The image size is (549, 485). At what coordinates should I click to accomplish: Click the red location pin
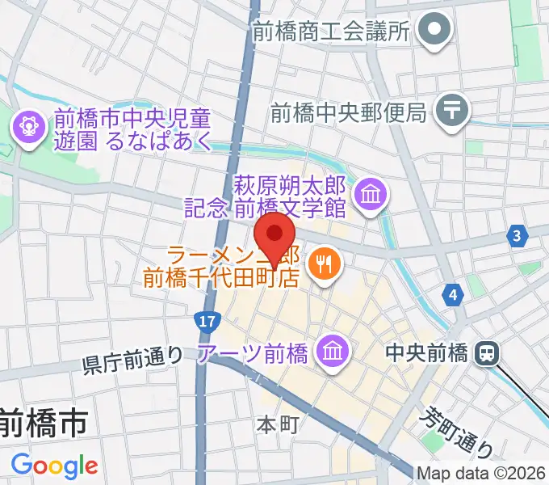[x=274, y=237]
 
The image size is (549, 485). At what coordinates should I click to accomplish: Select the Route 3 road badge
[x=516, y=237]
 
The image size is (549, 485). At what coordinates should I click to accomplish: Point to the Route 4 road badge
[x=455, y=295]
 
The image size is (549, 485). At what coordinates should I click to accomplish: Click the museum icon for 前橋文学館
[x=372, y=194]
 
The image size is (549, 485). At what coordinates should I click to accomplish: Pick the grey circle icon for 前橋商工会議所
[x=437, y=31]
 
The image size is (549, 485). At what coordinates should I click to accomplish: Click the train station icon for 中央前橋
[x=488, y=352]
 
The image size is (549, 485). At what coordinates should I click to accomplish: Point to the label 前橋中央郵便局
[x=348, y=111]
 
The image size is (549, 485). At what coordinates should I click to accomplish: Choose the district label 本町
[x=279, y=424]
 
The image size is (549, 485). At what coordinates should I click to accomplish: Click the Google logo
[x=54, y=466]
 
